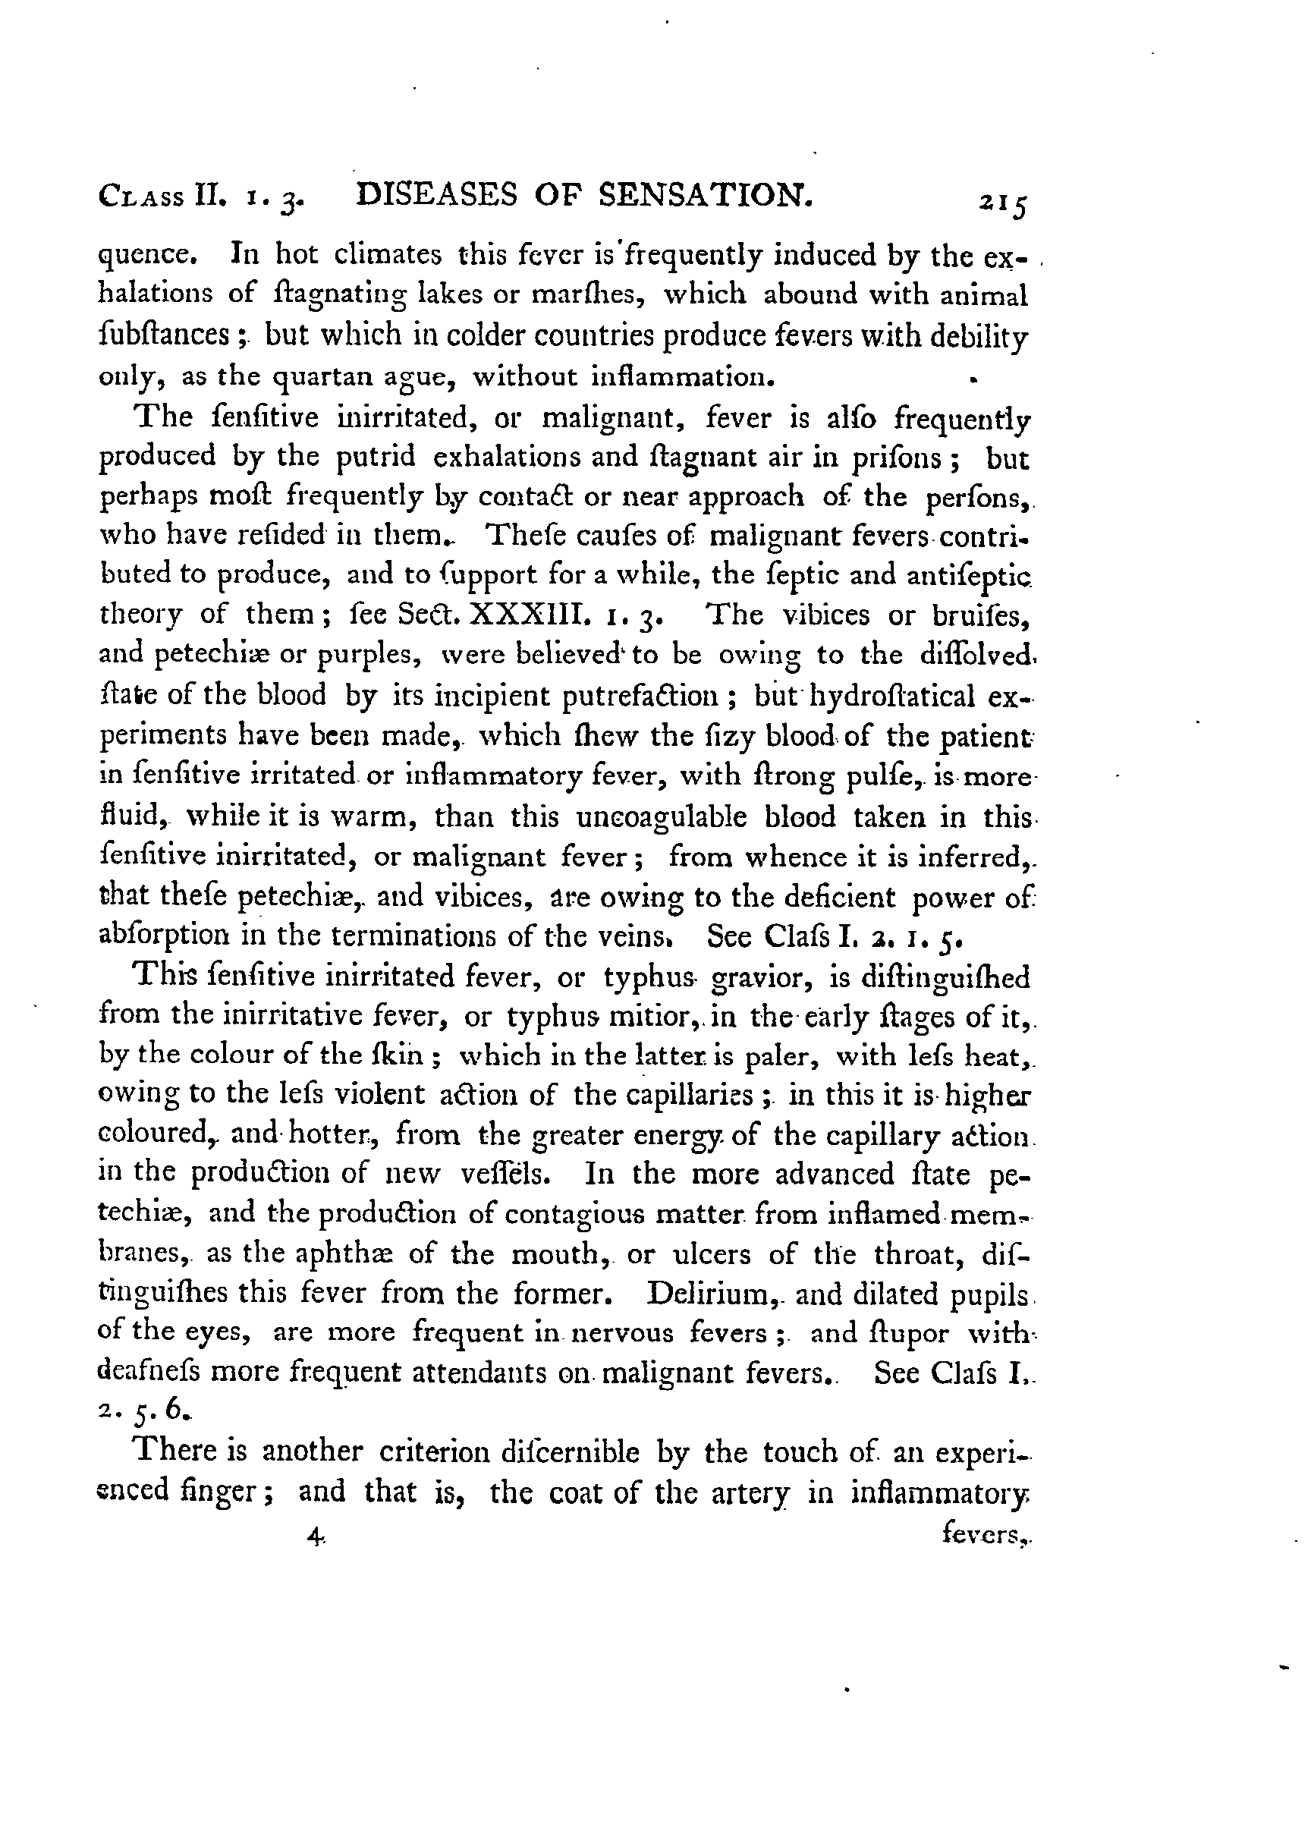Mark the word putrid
tap(376, 456)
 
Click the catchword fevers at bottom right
tap(985, 1536)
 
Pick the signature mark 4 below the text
tap(315, 1536)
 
